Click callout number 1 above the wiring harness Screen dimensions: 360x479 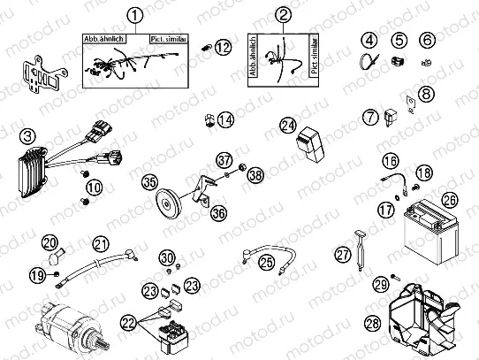(x=134, y=15)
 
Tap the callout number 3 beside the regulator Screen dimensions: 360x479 (x=28, y=135)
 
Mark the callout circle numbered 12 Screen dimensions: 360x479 (x=222, y=46)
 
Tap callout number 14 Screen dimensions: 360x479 (x=226, y=119)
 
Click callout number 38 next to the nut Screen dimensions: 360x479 (x=255, y=175)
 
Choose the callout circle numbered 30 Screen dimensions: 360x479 (x=165, y=257)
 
